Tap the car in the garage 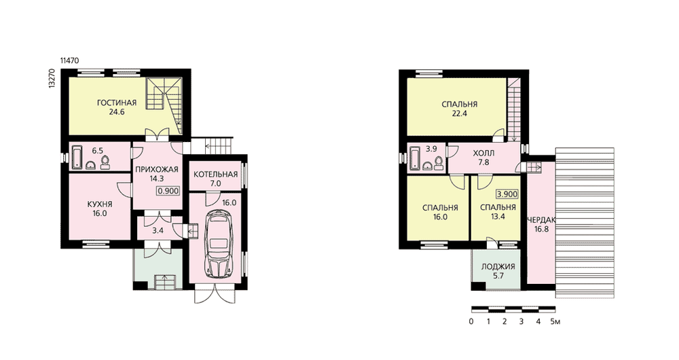click(219, 244)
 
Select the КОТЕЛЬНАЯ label click(216, 175)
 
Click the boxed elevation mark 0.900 click(168, 191)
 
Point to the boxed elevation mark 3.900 click(507, 195)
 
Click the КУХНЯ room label click(100, 204)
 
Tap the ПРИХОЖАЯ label click(156, 169)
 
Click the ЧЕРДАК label click(541, 220)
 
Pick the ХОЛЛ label click(483, 154)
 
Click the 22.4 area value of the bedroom click(460, 114)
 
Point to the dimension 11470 click(69, 61)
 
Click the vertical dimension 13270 click(52, 78)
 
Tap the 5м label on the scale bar click(555, 321)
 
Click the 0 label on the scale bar click(471, 321)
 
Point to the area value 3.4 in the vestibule click(158, 231)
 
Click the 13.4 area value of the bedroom click(498, 217)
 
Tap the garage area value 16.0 click(229, 202)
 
